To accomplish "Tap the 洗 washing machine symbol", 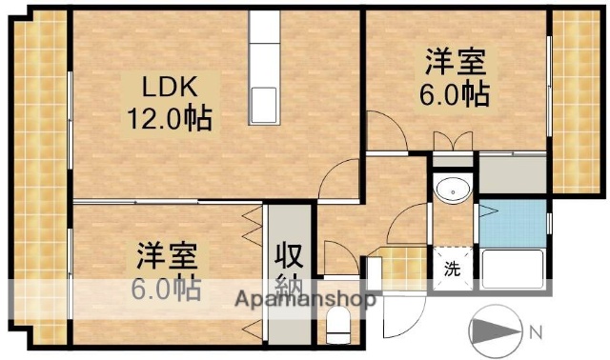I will click(x=453, y=268).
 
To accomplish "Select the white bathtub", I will click(x=512, y=270).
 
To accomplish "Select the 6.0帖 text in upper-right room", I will click(x=456, y=94).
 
